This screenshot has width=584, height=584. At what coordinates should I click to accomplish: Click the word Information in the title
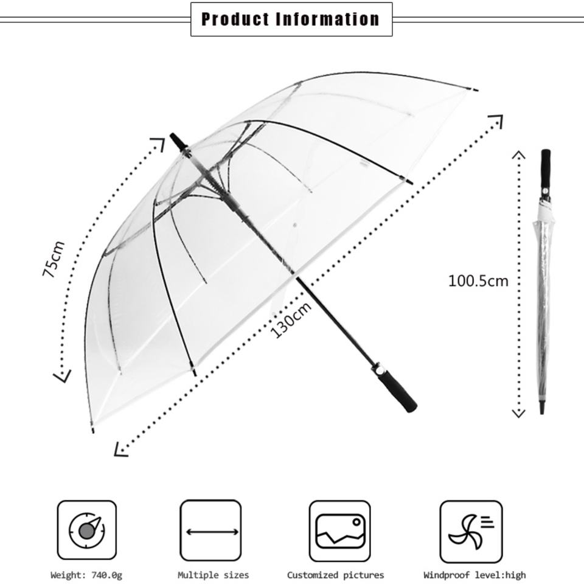pos(328,19)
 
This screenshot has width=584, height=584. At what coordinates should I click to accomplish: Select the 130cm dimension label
pos(291,320)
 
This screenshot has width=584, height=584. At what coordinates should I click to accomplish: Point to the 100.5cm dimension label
pos(478,281)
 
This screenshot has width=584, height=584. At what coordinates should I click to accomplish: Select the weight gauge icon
pos(87,530)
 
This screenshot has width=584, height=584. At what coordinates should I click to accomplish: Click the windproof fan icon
pos(471,530)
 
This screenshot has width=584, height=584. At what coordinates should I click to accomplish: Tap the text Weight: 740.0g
pos(86,575)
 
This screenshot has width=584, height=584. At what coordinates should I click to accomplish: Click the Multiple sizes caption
pos(213,575)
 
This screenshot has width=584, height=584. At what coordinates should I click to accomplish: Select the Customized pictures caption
pos(336,575)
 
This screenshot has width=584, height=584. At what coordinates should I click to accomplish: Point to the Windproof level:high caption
pos(474,575)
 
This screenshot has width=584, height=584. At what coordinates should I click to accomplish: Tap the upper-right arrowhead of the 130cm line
pos(497,120)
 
